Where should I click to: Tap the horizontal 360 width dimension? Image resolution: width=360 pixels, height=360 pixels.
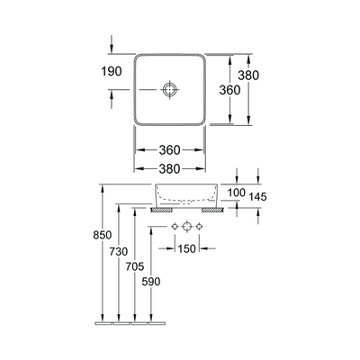coord(171,150)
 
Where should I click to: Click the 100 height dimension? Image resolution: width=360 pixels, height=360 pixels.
coord(236,193)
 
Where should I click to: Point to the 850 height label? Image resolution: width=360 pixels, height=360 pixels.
coord(102,236)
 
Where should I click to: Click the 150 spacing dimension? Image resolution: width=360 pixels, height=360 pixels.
coord(187,248)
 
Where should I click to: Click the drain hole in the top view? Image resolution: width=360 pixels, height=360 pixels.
coord(171,90)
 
